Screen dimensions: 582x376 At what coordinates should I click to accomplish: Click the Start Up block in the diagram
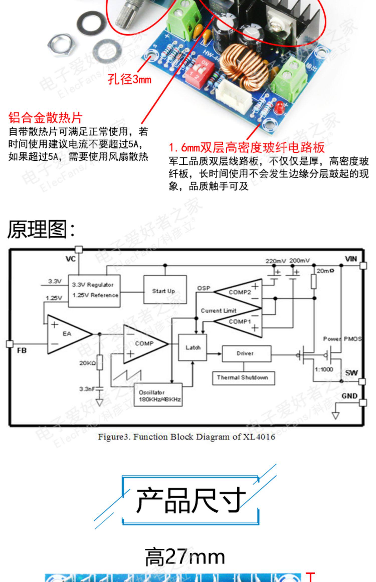coord(165,290)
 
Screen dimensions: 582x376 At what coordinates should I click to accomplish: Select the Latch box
coord(193,347)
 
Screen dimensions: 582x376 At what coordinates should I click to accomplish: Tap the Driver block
coord(246,354)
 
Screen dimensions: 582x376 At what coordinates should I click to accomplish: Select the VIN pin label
coord(351,259)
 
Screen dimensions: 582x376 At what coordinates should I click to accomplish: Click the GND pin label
coord(349,396)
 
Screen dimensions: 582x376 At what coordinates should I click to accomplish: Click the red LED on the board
coord(278,107)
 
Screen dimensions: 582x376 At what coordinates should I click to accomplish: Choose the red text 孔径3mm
coord(130,80)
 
